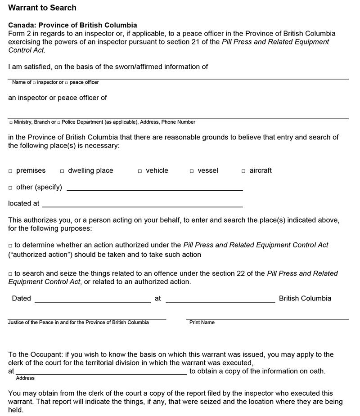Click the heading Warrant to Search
pyautogui.click(x=42, y=8)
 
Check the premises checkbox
pyautogui.click(x=10, y=171)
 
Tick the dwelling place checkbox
pyautogui.click(x=62, y=171)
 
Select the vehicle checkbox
pyautogui.click(x=140, y=171)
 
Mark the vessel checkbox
pyautogui.click(x=192, y=171)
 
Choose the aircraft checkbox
pyautogui.click(x=243, y=171)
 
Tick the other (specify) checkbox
pyautogui.click(x=10, y=188)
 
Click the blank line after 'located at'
pyautogui.click(x=142, y=204)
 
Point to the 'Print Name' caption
pyautogui.click(x=202, y=322)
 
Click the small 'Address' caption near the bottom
pyautogui.click(x=25, y=378)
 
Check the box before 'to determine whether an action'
pyautogui.click(x=10, y=246)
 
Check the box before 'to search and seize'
pyautogui.click(x=10, y=274)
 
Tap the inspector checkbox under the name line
pyautogui.click(x=34, y=83)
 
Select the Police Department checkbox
pyautogui.click(x=59, y=122)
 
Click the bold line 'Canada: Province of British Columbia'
pyautogui.click(x=72, y=25)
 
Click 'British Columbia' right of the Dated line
pyautogui.click(x=305, y=298)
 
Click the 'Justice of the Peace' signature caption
pyautogui.click(x=78, y=322)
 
